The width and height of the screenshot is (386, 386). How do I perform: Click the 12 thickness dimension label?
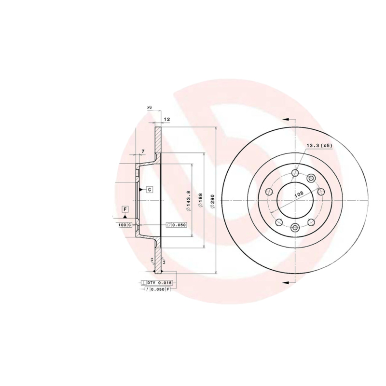(x=166, y=119)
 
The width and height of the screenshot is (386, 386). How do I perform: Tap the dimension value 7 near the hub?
(x=143, y=152)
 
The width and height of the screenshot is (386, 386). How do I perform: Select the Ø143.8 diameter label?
(x=189, y=200)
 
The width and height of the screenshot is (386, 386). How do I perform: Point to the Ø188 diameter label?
(x=200, y=200)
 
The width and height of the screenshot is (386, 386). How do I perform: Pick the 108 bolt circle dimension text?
(x=299, y=194)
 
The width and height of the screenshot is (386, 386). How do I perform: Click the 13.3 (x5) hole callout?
(x=319, y=145)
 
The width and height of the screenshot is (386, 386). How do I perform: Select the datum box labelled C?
(x=150, y=189)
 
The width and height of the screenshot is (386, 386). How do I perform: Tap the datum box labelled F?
(x=125, y=209)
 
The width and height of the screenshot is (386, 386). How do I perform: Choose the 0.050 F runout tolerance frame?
(x=158, y=289)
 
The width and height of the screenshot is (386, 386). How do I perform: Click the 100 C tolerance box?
(x=124, y=225)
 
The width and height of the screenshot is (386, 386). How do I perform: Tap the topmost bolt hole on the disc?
(x=295, y=173)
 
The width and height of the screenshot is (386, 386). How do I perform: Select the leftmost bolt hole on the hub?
(x=269, y=192)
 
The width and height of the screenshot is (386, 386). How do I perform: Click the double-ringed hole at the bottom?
(x=295, y=227)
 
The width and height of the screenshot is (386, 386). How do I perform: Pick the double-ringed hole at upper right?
(x=311, y=178)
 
